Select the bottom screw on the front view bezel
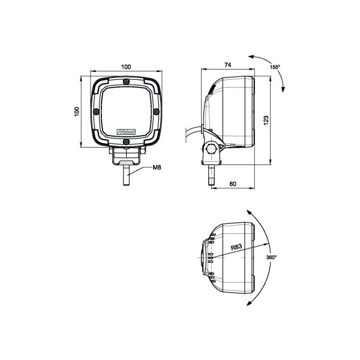click(126, 142)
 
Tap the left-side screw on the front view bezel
click(96, 112)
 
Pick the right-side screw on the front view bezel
click(155, 112)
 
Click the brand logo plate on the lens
click(126, 130)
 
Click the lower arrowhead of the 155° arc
click(282, 91)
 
